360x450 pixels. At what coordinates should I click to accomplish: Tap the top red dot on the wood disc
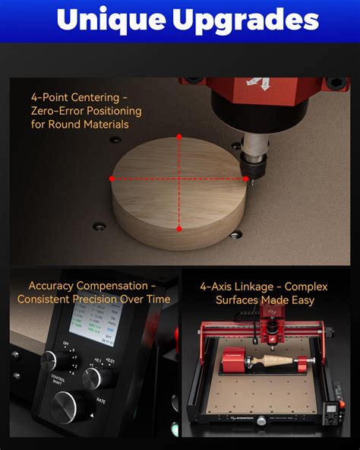(x=179, y=137)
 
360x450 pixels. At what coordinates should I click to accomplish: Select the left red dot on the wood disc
(x=112, y=179)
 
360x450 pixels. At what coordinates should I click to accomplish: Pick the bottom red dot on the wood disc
(x=179, y=228)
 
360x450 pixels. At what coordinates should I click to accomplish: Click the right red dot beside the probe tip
(x=246, y=179)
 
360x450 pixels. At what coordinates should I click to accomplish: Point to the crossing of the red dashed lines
(x=179, y=179)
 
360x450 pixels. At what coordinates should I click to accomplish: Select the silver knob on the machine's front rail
(x=261, y=420)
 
